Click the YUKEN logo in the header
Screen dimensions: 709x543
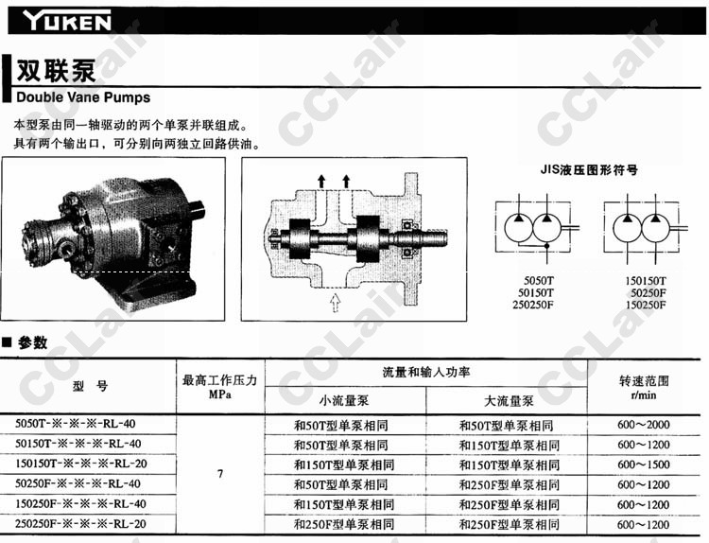(x=67, y=21)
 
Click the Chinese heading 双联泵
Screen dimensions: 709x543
(x=56, y=71)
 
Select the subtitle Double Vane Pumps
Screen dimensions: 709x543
(x=83, y=97)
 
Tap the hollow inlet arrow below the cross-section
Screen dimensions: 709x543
(x=335, y=303)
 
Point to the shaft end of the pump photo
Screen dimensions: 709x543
(x=198, y=210)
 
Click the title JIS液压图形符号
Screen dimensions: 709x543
(x=589, y=170)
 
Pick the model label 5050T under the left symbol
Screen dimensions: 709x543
(x=539, y=281)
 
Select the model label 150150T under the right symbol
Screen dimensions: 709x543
(x=646, y=281)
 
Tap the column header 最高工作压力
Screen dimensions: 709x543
(x=219, y=380)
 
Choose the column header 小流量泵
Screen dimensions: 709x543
(x=344, y=400)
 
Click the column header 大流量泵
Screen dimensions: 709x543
(x=509, y=401)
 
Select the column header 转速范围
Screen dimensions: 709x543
(x=644, y=381)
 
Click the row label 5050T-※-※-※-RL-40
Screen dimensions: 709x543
(x=76, y=424)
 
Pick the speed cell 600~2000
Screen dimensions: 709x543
(x=644, y=425)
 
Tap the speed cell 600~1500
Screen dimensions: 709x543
(x=644, y=464)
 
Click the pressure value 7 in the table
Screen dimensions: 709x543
(x=220, y=474)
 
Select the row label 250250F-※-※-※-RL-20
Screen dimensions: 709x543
(x=81, y=524)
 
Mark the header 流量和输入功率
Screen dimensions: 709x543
(x=426, y=373)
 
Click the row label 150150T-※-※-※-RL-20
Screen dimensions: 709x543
(x=81, y=464)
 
